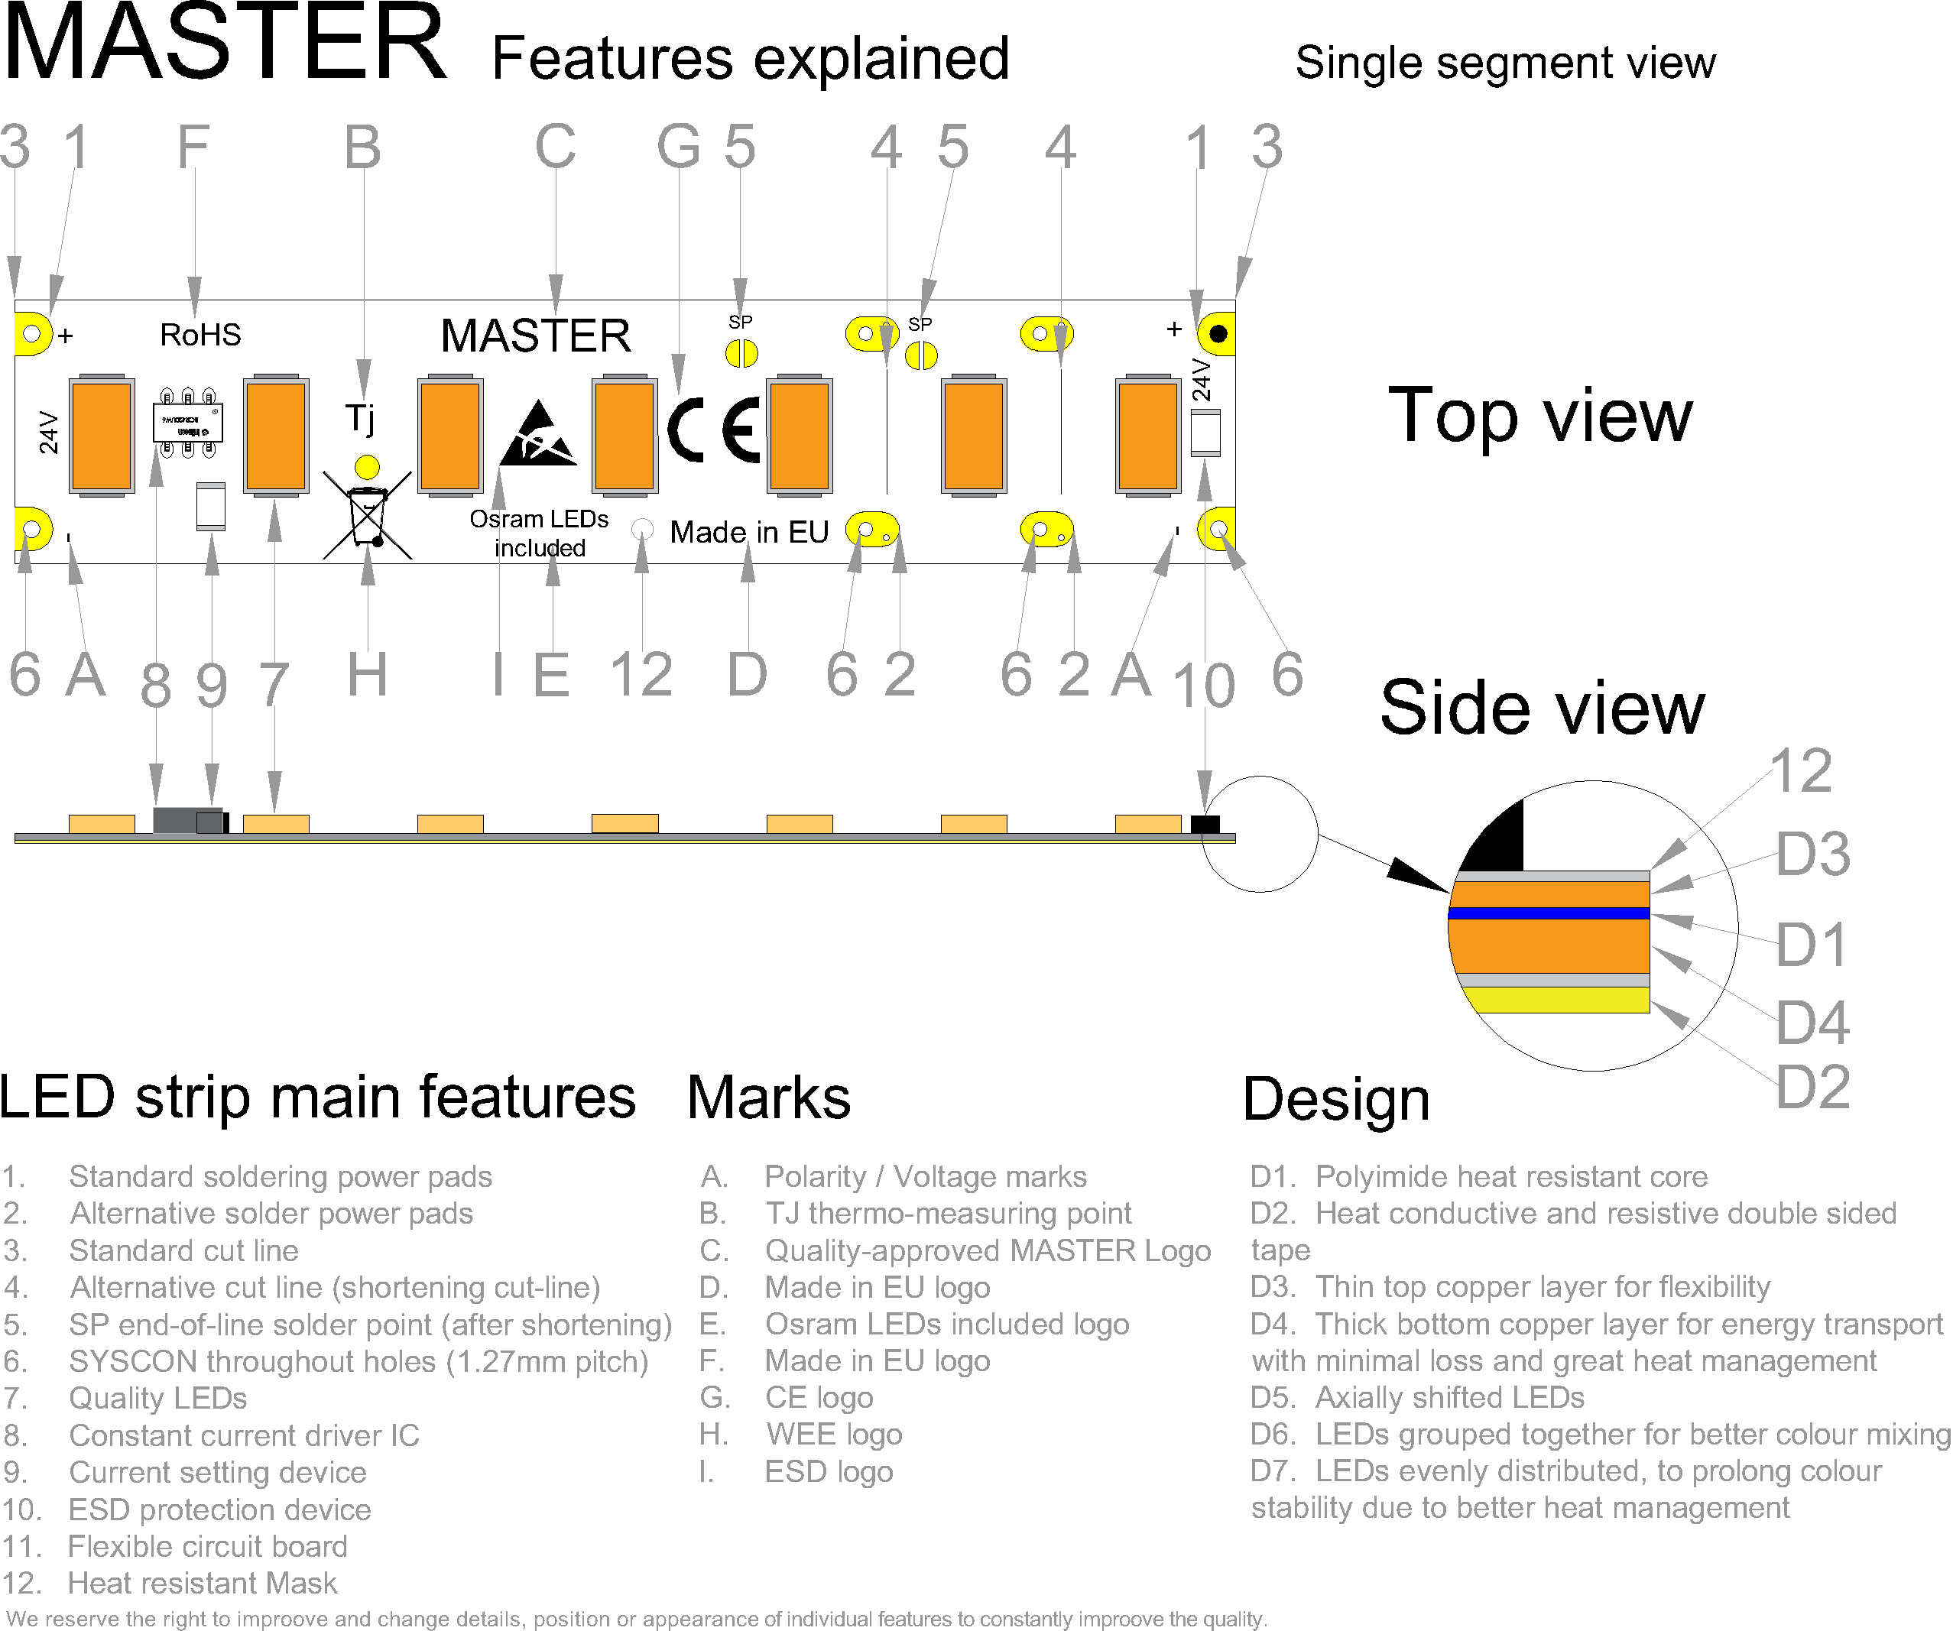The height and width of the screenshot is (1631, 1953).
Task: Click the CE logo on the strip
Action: (x=714, y=430)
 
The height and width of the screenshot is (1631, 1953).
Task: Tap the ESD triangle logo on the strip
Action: (x=537, y=434)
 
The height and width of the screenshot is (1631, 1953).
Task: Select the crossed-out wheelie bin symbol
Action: (x=368, y=516)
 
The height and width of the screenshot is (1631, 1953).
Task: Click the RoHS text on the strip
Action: (x=200, y=335)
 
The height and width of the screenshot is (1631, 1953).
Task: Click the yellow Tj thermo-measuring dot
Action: (x=368, y=466)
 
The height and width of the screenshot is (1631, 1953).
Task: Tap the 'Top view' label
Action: (x=1539, y=416)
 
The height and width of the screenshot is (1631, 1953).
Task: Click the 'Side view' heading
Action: (x=1541, y=708)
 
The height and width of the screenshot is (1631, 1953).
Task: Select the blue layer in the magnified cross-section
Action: (x=1549, y=913)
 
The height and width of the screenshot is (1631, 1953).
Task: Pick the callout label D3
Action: (x=1812, y=854)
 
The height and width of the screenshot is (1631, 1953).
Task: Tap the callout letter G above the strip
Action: (x=678, y=147)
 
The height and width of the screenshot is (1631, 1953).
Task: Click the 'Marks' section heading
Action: (x=768, y=1098)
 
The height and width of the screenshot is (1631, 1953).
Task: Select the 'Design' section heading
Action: (x=1335, y=1100)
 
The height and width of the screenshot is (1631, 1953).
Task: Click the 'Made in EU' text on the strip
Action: (x=748, y=532)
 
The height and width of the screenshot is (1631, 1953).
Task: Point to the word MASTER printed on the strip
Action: (x=536, y=336)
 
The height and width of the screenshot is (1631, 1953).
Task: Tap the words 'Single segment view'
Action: (x=1505, y=63)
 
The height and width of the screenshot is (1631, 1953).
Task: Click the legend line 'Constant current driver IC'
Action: (x=244, y=1435)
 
